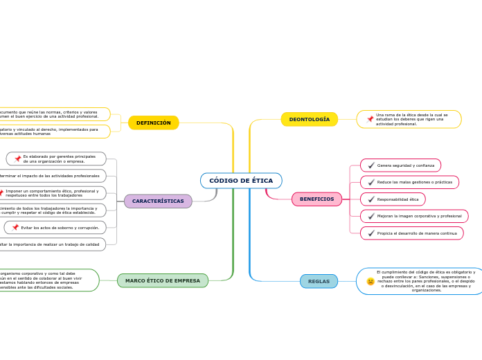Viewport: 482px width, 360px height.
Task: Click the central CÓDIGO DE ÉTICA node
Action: [241, 181]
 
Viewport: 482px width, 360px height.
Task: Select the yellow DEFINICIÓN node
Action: [153, 123]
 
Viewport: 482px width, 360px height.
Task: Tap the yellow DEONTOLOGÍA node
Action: [309, 119]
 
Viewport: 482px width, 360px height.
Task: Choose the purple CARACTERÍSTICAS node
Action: [158, 201]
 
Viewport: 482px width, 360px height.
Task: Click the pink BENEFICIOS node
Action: [316, 199]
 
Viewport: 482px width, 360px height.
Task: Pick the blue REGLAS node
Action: [319, 281]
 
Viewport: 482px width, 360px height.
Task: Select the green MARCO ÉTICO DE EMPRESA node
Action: [163, 280]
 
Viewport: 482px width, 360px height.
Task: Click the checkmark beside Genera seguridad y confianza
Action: [371, 165]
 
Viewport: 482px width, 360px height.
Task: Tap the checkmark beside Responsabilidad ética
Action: [371, 199]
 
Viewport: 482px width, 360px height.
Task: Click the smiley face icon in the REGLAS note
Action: [371, 281]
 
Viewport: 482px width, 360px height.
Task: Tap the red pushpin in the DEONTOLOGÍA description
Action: [370, 119]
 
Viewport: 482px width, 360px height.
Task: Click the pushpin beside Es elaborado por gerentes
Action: [17, 159]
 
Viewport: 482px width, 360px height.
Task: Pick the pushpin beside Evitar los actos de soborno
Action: [15, 227]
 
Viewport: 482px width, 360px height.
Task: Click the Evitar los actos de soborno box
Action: [60, 227]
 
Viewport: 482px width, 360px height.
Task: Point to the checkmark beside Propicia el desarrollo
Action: [371, 233]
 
